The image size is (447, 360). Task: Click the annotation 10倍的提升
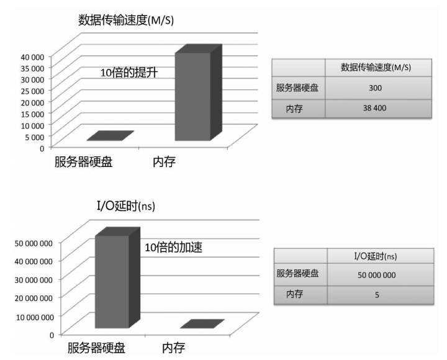pos(129,73)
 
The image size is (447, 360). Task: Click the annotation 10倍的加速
pos(174,248)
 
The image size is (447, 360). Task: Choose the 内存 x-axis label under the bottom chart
pos(173,348)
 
